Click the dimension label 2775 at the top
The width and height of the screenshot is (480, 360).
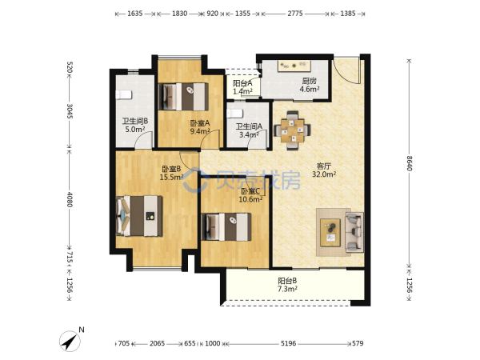295,14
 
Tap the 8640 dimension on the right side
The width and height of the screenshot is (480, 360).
410,163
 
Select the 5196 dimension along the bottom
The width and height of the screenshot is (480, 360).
288,343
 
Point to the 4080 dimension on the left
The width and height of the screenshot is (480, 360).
70,199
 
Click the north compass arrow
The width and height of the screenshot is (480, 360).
70,341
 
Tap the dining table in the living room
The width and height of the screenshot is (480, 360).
292,130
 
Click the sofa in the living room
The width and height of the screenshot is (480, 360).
354,232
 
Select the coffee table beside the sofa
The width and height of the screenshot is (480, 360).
330,233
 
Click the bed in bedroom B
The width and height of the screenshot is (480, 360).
139,216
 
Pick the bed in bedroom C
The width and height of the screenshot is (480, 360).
226,227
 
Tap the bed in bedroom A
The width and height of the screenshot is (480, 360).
184,97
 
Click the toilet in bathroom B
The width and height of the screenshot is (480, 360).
124,94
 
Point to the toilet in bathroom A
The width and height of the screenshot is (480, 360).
235,114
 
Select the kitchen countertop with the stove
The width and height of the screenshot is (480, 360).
294,66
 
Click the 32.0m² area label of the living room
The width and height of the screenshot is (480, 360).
324,174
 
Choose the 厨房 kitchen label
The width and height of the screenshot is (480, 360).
309,81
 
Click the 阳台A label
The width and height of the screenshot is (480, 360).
242,83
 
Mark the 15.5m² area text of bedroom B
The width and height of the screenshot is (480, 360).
171,177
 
